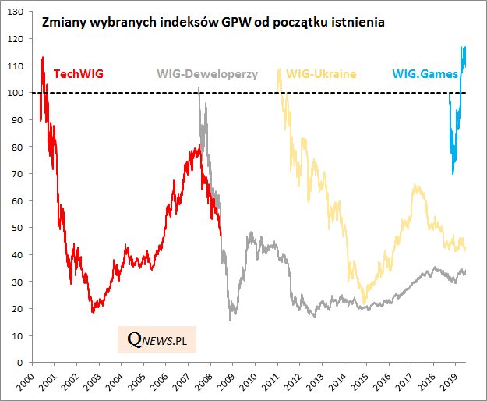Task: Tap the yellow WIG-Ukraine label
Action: [321, 74]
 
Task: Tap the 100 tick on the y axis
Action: [18, 93]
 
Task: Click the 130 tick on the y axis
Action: [18, 12]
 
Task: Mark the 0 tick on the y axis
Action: [23, 363]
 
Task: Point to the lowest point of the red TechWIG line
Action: [94, 312]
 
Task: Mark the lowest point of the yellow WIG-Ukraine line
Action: [364, 303]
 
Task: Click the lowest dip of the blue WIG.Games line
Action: [453, 173]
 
